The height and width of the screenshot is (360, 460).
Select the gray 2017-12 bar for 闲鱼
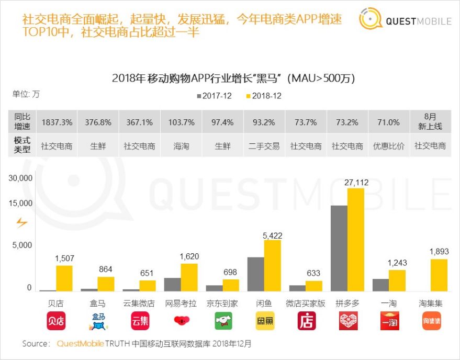point(255,274)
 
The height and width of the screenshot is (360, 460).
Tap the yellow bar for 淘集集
point(439,275)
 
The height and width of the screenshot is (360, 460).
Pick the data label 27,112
point(356,182)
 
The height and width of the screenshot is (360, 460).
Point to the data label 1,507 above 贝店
point(65,258)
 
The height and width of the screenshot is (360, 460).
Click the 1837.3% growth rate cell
point(57,122)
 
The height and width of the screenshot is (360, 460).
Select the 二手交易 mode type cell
point(264,146)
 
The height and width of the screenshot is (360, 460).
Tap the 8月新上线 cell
point(430,122)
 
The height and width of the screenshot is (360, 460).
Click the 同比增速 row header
point(23,122)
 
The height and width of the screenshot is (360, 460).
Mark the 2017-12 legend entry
point(215,96)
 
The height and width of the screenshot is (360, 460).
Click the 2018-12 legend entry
point(263,96)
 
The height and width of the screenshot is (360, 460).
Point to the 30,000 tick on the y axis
point(21,178)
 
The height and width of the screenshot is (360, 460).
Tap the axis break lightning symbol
point(21,223)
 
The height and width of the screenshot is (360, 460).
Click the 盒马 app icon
point(98,321)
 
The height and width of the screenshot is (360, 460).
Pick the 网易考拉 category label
point(181,303)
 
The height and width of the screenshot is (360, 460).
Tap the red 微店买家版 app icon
point(306,321)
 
